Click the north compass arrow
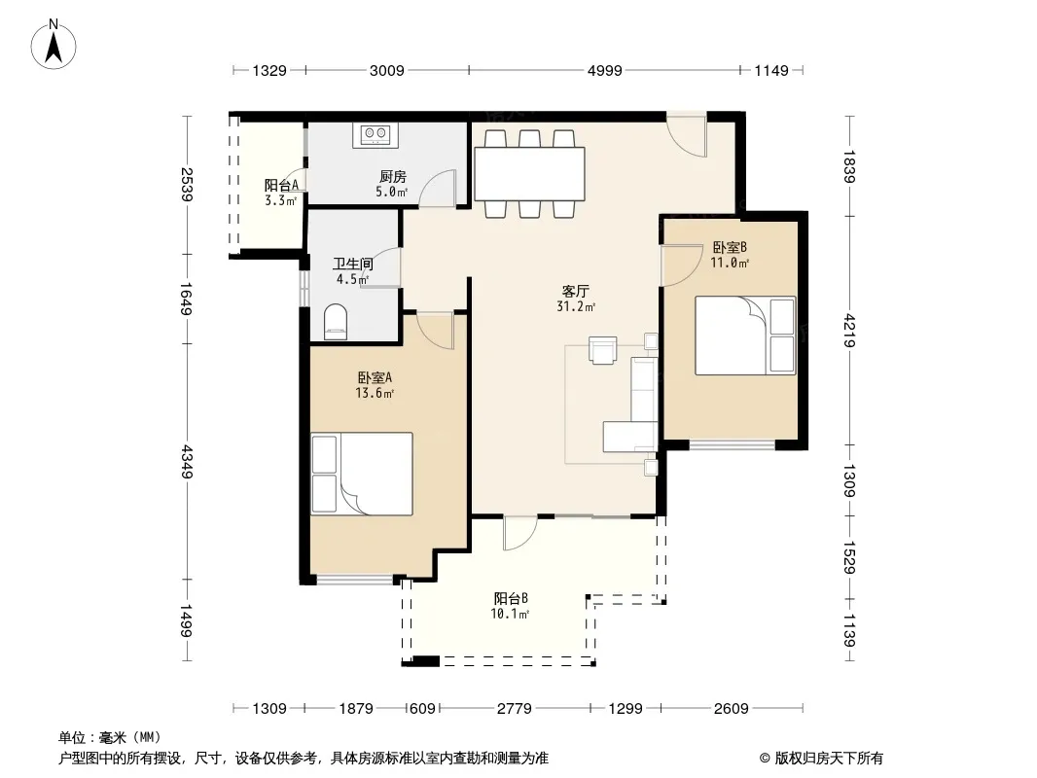[54, 48]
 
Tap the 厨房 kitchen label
[392, 176]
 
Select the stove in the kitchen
[375, 135]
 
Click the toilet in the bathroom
[336, 322]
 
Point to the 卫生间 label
[352, 265]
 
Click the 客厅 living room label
[575, 291]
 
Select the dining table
[529, 174]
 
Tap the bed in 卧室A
[362, 474]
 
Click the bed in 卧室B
[745, 336]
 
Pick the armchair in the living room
[602, 350]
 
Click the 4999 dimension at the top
[604, 70]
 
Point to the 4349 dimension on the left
[187, 461]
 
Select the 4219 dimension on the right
[850, 331]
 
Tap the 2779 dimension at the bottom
[514, 709]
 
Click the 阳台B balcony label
[511, 598]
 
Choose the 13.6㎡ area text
[375, 393]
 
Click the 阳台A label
[281, 185]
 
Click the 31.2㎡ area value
[576, 306]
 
